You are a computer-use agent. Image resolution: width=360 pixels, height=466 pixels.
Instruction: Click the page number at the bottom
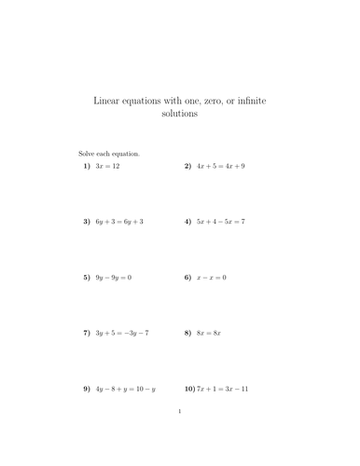click(x=179, y=434)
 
